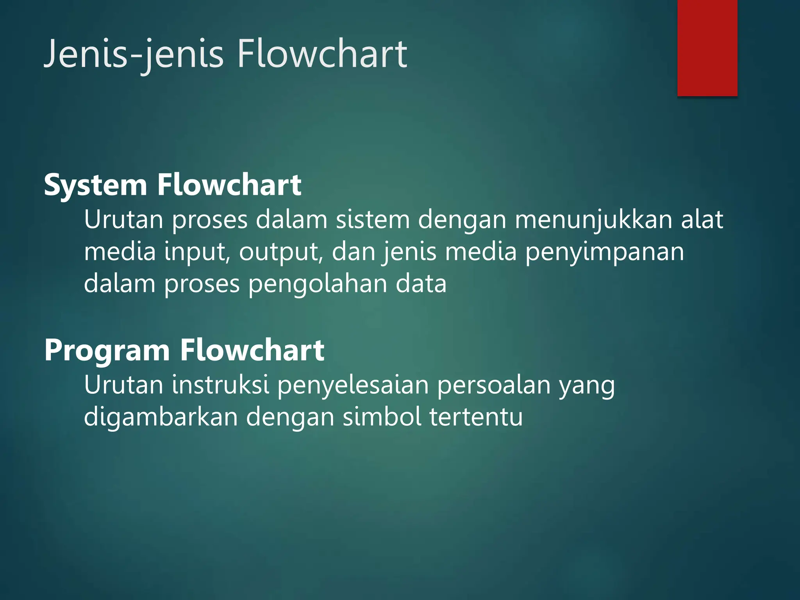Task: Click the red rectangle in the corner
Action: (x=707, y=48)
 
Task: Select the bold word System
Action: (x=95, y=185)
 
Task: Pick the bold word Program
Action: (x=107, y=350)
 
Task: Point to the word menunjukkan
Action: (x=593, y=220)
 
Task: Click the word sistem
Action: (x=373, y=220)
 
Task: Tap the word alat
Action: (x=702, y=220)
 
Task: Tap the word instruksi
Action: (x=220, y=385)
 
